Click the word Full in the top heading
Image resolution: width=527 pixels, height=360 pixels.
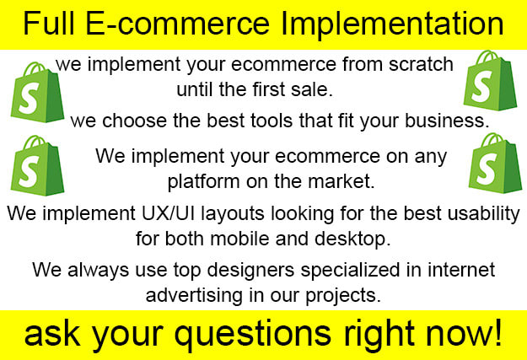[49, 23]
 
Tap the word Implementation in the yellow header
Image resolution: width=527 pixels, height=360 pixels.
[392, 25]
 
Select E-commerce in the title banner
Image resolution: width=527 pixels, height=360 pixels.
[177, 23]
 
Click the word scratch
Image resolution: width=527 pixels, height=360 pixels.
[421, 64]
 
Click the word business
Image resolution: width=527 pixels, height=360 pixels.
[447, 121]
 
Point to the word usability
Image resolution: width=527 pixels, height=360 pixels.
[483, 214]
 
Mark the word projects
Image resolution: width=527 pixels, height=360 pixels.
[343, 296]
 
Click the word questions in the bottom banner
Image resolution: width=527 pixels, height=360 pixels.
[253, 335]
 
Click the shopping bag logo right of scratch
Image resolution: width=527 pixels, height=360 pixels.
[490, 80]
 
